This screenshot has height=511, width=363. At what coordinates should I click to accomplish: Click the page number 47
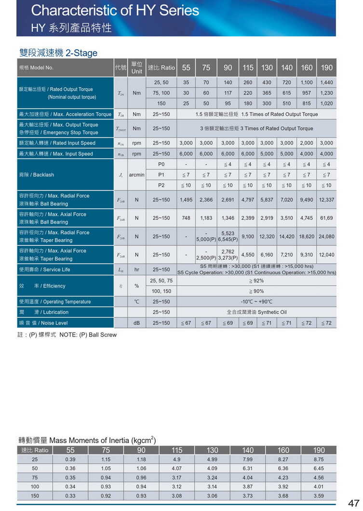(x=353, y=503)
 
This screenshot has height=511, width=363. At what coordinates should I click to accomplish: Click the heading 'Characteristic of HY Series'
(x=115, y=11)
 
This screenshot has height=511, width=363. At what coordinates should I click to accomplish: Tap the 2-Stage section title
(x=58, y=53)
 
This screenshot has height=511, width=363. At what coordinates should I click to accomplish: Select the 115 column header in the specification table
(x=248, y=67)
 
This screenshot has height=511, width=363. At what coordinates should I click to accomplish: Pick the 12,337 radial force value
(x=326, y=200)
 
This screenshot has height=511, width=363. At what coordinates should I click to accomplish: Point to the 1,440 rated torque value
(x=326, y=82)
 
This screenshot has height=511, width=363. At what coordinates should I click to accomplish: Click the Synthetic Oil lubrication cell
(x=256, y=312)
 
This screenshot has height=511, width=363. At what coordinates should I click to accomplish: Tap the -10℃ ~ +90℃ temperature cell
(x=256, y=302)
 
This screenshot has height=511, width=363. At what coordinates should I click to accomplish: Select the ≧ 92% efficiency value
(x=256, y=281)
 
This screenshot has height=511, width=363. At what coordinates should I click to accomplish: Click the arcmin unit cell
(x=137, y=175)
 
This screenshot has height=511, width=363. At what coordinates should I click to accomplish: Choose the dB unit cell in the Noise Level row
(x=137, y=323)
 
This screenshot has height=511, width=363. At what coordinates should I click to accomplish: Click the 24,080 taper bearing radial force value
(x=326, y=237)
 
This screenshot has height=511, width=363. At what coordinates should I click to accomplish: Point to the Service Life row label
(x=44, y=269)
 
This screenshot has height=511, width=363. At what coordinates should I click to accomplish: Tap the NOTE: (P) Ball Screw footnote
(x=67, y=335)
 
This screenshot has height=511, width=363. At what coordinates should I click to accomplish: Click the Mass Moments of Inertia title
(x=87, y=440)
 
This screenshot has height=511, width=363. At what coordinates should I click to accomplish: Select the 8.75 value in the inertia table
(x=319, y=459)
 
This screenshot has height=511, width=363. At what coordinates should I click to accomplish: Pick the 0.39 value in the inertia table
(x=70, y=459)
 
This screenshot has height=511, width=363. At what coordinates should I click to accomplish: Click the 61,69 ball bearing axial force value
(x=326, y=218)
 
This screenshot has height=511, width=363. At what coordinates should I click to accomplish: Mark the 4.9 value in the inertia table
(x=177, y=459)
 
